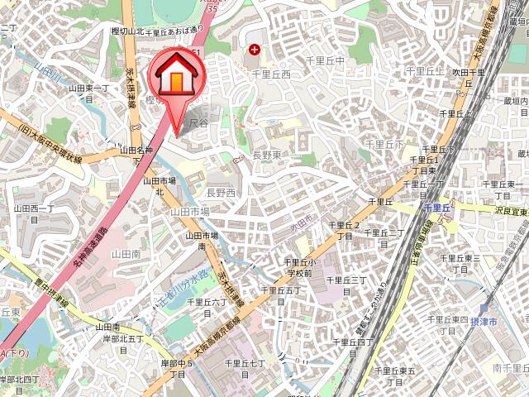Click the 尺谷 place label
198,123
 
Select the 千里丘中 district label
325,60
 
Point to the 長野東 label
268,155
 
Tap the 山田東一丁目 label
88,92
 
